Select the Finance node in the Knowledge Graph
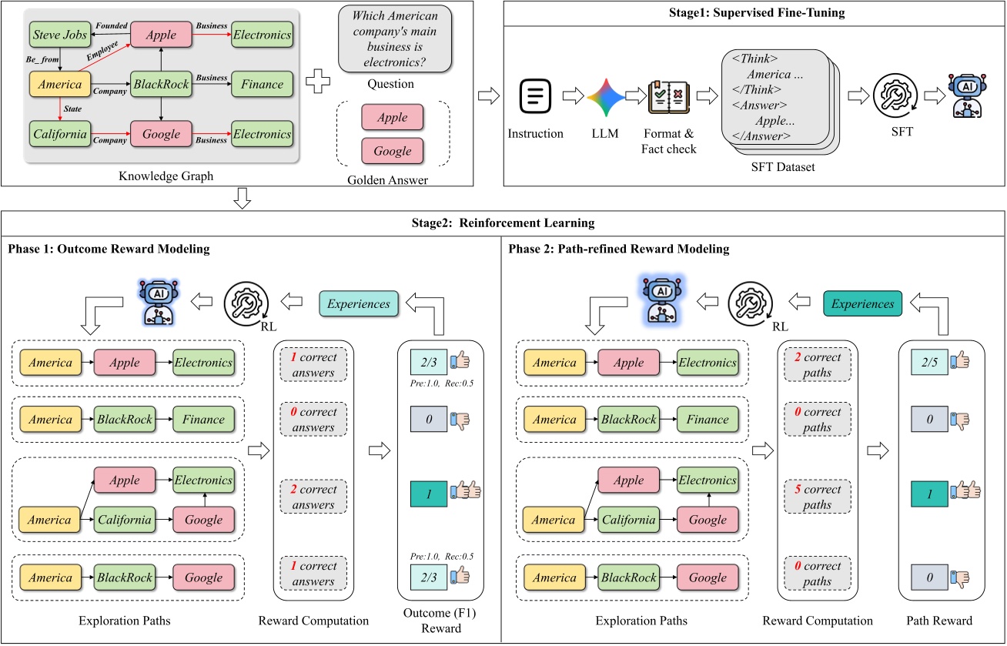[x=263, y=84]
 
